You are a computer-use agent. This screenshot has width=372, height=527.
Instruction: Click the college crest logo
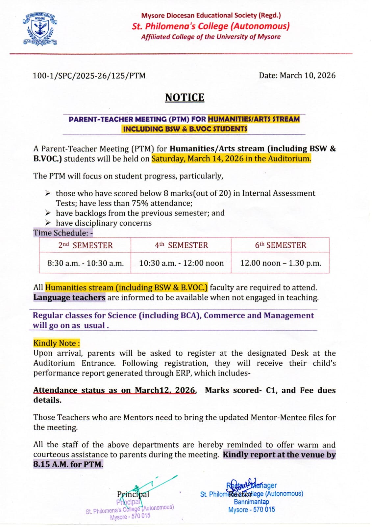40,29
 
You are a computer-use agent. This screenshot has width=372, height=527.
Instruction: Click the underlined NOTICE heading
185,97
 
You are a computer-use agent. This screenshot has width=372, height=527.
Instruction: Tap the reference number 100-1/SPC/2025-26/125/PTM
89,76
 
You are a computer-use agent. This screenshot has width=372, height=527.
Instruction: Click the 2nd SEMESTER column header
85,245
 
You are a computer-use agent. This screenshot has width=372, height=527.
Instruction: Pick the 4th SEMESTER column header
181,245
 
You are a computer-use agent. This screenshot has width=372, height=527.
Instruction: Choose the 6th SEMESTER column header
280,245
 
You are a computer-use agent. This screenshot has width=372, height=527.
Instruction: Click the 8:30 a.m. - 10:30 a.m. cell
86,263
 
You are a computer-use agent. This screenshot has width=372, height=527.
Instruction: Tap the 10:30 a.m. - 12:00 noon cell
181,263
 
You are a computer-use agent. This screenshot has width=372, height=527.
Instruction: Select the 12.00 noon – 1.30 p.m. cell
281,263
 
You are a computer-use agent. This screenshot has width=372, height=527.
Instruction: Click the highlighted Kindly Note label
56,343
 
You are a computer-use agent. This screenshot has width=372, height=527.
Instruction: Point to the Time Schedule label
63,233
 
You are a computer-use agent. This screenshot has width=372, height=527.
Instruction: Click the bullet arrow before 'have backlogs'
48,213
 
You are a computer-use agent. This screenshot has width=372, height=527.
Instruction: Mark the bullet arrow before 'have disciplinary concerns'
48,223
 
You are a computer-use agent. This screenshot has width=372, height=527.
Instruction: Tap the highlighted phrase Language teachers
69,297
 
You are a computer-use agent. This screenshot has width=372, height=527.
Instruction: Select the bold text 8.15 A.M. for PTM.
68,464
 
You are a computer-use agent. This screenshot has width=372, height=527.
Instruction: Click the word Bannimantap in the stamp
251,502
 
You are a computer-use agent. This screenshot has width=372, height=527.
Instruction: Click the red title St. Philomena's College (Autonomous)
211,26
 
